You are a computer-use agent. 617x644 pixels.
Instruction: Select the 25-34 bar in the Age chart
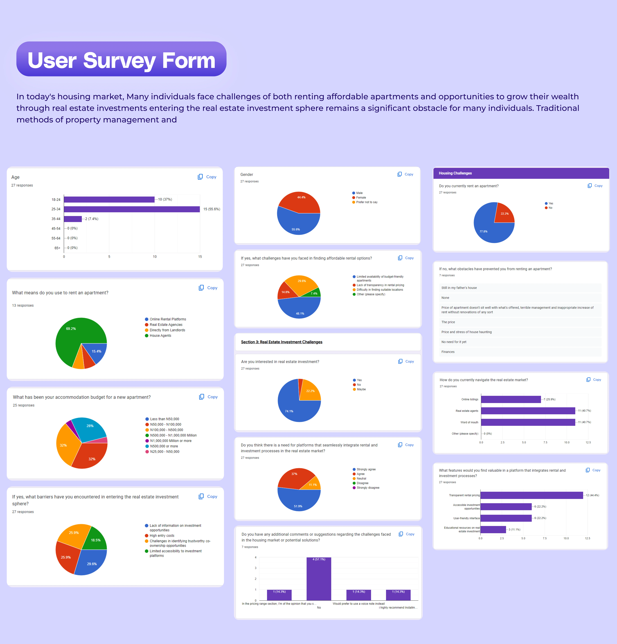tap(131, 209)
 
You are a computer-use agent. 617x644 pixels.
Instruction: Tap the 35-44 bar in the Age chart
tap(73, 219)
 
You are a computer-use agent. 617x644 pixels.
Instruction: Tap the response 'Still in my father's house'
tap(459, 288)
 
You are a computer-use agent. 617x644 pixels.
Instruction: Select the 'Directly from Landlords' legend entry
tap(167, 330)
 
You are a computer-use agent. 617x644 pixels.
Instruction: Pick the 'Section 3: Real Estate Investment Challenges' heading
tap(282, 342)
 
